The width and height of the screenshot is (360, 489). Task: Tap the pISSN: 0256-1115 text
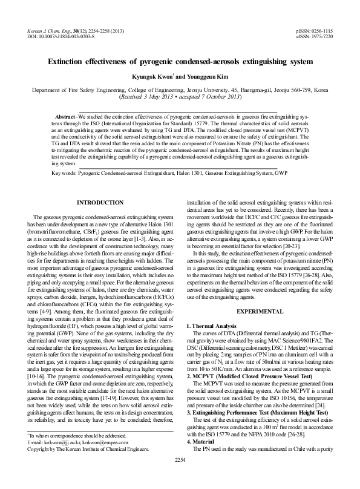315,30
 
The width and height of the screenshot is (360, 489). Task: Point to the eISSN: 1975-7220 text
315,36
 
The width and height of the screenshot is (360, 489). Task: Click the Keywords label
64,172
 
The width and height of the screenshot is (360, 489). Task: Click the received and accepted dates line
180,96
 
